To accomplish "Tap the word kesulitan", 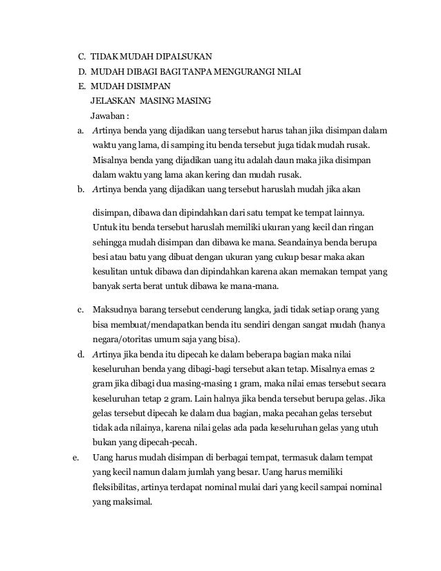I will [113, 273].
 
